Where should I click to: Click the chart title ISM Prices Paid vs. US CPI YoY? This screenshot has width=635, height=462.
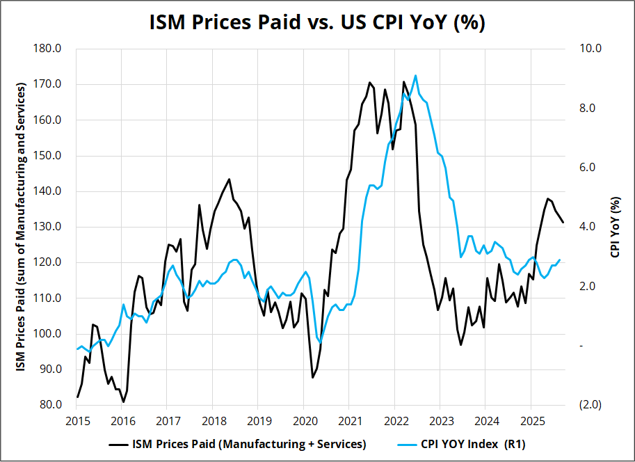point(317,22)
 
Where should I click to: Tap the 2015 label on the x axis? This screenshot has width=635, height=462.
point(77,421)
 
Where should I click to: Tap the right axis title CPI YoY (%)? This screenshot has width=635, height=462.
point(614,227)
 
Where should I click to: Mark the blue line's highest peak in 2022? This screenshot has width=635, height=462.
point(415,75)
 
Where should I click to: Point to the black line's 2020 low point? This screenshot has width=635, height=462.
point(313,377)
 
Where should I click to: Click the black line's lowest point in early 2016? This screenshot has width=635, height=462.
point(123,401)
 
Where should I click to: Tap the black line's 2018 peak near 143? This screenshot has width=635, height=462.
point(229,179)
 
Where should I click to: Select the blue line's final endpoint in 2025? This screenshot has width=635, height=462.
point(560,260)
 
